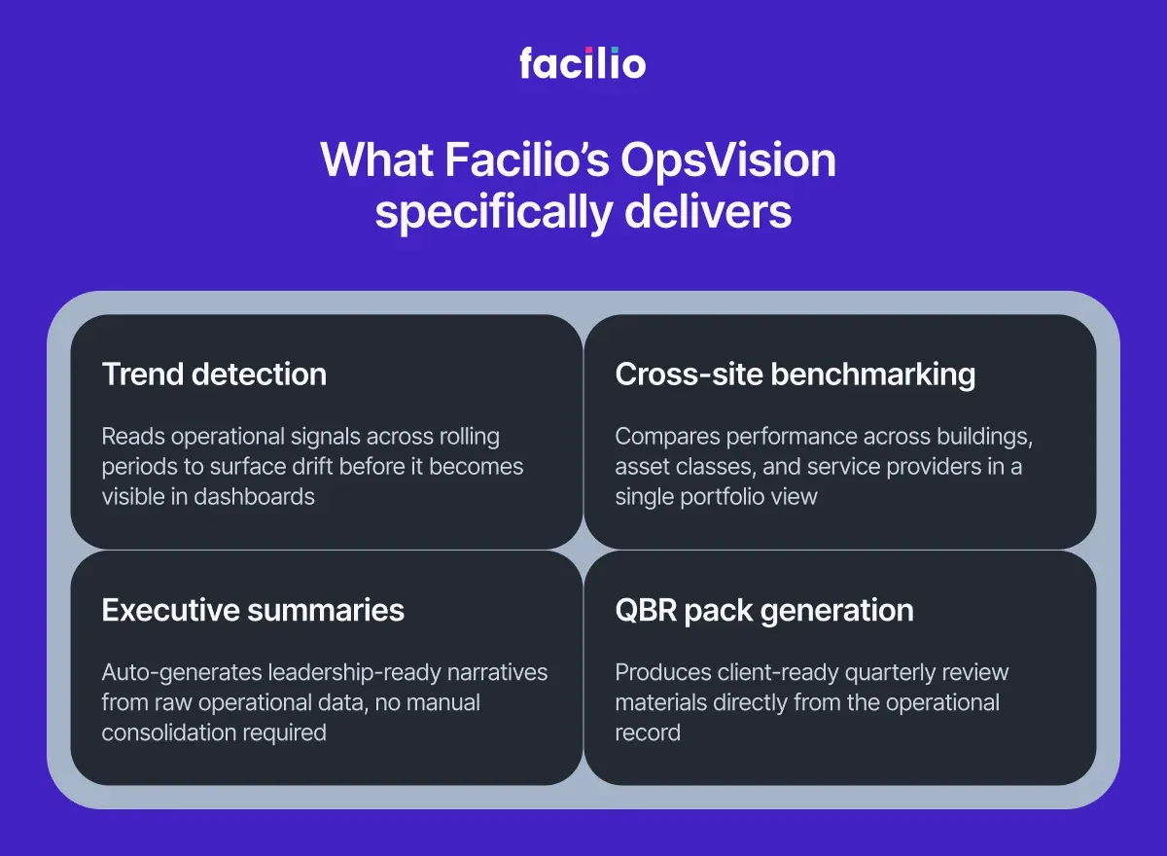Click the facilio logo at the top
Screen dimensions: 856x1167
click(583, 64)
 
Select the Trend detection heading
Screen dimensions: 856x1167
click(214, 374)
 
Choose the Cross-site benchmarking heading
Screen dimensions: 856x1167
click(795, 374)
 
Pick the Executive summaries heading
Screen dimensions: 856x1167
click(253, 610)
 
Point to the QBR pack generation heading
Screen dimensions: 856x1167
click(763, 610)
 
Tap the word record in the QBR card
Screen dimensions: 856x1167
click(648, 731)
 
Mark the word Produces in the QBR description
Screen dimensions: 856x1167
click(661, 672)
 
